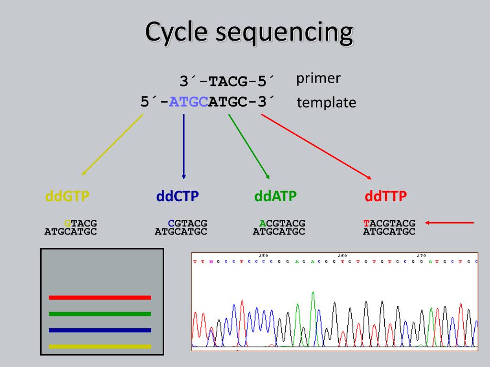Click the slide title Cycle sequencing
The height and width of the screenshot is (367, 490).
click(249, 32)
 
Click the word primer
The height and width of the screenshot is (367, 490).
click(318, 78)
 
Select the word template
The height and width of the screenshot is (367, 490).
click(326, 102)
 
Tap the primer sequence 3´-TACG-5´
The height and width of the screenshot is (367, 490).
click(228, 80)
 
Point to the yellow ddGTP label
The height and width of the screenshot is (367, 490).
click(67, 196)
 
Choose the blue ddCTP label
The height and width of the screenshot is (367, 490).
click(178, 196)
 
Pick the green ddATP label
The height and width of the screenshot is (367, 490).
click(275, 196)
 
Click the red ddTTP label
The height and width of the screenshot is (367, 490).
click(385, 196)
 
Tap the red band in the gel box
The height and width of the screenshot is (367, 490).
click(100, 297)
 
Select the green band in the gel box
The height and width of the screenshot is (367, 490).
click(100, 314)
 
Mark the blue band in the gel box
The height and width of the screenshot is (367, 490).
click(100, 330)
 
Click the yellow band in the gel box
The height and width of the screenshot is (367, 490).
click(100, 346)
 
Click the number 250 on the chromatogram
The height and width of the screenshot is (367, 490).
click(263, 256)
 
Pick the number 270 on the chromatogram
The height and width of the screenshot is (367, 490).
click(422, 256)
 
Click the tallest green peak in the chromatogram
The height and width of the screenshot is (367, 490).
click(312, 293)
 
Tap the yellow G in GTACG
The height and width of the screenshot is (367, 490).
click(67, 223)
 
